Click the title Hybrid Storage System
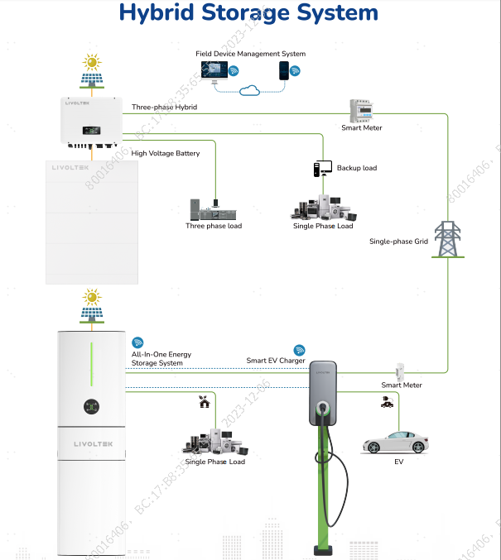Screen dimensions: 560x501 (x=248, y=13)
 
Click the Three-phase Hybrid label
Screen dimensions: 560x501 (x=164, y=108)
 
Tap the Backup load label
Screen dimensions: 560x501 (x=356, y=168)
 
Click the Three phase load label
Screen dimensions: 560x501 (x=214, y=226)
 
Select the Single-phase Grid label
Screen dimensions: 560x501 (x=398, y=242)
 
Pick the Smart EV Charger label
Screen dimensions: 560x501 (x=276, y=361)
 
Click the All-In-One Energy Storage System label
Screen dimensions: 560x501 (x=161, y=358)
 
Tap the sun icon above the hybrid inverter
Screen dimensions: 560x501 (x=92, y=62)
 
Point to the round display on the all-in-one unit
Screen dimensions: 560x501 (x=89, y=406)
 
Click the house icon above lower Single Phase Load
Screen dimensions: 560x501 (x=204, y=403)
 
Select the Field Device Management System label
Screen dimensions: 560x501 (x=250, y=54)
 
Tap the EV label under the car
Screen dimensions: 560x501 (x=398, y=461)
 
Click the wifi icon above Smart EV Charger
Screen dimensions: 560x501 (x=300, y=351)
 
